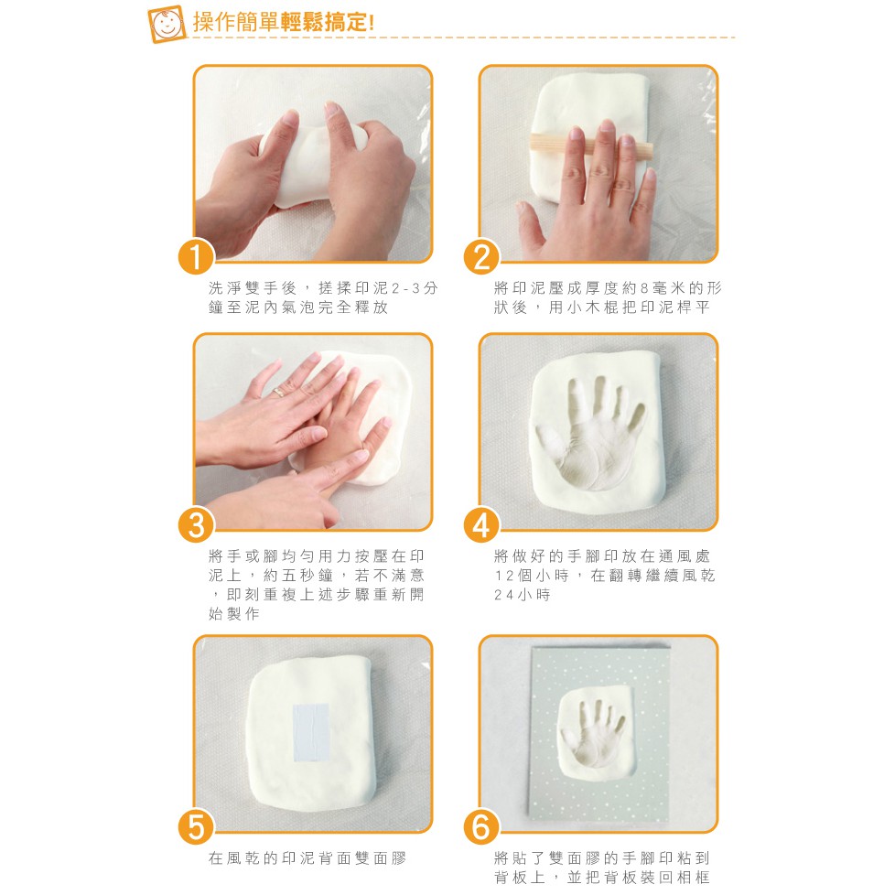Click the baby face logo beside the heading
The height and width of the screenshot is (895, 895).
(167, 24)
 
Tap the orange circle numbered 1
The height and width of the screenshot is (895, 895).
(197, 257)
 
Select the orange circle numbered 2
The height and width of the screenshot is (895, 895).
(481, 257)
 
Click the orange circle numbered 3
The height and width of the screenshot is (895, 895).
(197, 525)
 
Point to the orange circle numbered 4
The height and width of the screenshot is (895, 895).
(481, 525)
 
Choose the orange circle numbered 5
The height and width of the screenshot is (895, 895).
(197, 827)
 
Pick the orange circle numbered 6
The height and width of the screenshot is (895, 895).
(481, 827)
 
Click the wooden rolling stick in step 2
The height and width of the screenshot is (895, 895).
(591, 145)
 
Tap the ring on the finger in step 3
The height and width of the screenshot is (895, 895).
(278, 392)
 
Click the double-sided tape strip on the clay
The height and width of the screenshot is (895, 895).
(311, 733)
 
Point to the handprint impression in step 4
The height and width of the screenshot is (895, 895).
(591, 433)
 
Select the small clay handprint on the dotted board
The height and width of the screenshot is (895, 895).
(594, 731)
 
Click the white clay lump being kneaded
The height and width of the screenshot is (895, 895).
(311, 165)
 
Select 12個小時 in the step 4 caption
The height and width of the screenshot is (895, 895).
(532, 576)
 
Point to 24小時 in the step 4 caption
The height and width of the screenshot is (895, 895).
(523, 595)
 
